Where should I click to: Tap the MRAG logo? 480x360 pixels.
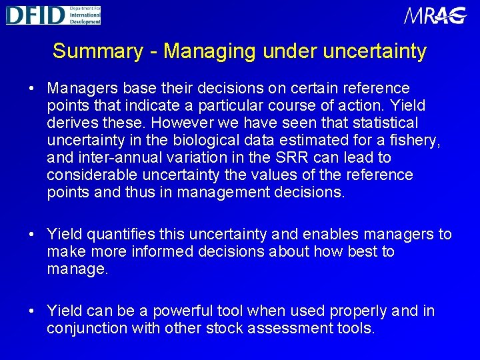pos(435,15)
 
